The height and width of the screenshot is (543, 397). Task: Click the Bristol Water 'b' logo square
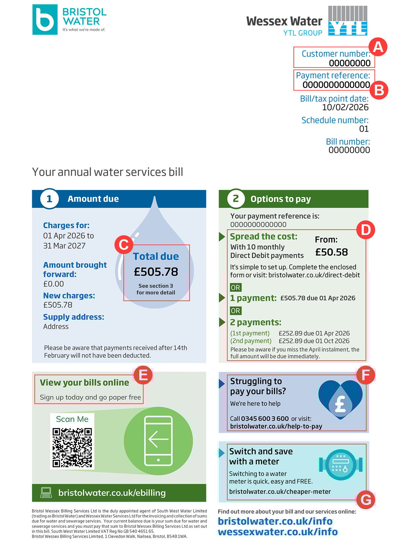(x=45, y=20)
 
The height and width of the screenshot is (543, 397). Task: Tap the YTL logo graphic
(x=348, y=21)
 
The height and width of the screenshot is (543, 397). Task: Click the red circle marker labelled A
(x=378, y=47)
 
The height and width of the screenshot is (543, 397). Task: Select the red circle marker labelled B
(x=378, y=90)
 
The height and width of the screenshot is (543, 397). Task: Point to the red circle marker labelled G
(x=366, y=500)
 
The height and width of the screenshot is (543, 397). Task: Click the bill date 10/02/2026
(x=345, y=107)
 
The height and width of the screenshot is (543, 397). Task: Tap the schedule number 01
(x=364, y=129)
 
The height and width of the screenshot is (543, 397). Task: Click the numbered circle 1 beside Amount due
(x=49, y=199)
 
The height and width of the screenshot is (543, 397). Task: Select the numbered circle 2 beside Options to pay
(x=236, y=199)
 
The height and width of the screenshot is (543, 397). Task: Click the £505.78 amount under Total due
(x=156, y=272)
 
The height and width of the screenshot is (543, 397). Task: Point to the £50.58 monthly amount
(x=331, y=252)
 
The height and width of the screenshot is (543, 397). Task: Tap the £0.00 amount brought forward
(x=54, y=284)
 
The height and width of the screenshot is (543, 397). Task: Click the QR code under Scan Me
(x=72, y=447)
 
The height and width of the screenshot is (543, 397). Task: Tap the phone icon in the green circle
(x=158, y=441)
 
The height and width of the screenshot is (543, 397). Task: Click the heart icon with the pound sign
(x=340, y=398)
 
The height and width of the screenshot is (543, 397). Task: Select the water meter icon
(x=340, y=465)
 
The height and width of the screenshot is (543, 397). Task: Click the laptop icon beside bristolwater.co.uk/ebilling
(x=46, y=492)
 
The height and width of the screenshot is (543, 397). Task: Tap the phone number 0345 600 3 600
(x=265, y=419)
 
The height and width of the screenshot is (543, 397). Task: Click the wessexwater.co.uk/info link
(x=278, y=532)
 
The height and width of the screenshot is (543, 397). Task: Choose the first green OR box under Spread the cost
(x=236, y=287)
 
